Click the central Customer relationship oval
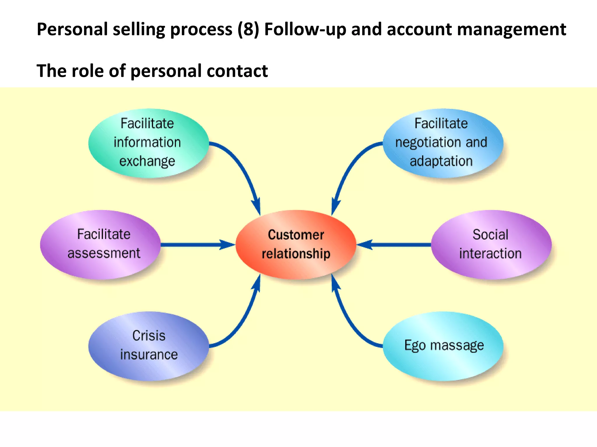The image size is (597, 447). coord(296,244)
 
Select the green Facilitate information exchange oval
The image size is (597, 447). coord(148,143)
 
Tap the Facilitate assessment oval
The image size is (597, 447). coord(100,244)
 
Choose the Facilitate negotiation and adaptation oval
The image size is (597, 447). coord(443,143)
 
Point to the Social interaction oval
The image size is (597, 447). coord(491,244)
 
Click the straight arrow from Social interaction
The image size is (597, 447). coord(396,245)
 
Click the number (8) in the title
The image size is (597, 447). coord(248,29)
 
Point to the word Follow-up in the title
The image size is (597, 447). coord(305,29)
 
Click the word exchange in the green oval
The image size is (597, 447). coord(147,161)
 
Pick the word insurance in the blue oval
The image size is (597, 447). coord(149,355)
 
